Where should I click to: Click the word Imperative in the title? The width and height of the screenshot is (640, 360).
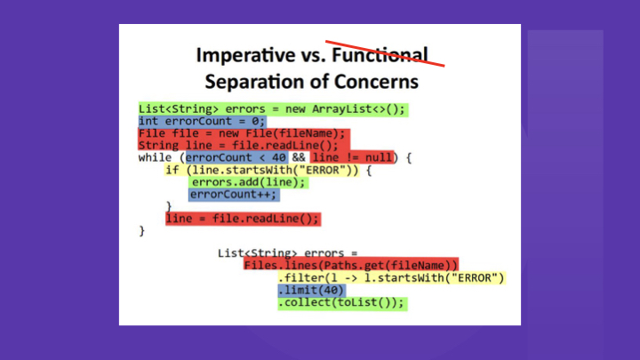[245, 55]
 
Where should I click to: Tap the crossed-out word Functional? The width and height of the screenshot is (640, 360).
[380, 55]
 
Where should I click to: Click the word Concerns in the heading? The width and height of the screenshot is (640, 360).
[376, 81]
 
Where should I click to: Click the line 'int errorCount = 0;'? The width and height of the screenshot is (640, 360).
[202, 121]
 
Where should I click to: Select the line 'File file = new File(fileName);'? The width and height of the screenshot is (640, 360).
[242, 133]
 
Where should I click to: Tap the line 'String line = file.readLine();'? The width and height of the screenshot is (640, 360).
[238, 145]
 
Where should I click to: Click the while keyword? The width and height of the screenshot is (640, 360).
[155, 157]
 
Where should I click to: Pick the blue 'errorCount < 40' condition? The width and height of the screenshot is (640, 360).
[236, 157]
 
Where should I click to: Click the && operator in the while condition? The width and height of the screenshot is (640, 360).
[299, 157]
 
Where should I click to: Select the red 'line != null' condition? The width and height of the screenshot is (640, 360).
[352, 157]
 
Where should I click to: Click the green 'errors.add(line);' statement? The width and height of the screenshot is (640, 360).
[248, 182]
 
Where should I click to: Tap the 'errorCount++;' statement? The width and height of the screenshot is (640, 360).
[234, 195]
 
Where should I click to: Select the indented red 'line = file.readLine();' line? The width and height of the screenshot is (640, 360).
[242, 219]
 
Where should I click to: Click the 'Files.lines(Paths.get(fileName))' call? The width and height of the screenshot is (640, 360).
[350, 265]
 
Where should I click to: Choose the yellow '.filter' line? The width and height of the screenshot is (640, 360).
[391, 278]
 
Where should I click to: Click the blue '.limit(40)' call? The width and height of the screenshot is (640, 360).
[311, 290]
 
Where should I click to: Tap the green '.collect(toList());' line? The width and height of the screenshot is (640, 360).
[342, 302]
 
